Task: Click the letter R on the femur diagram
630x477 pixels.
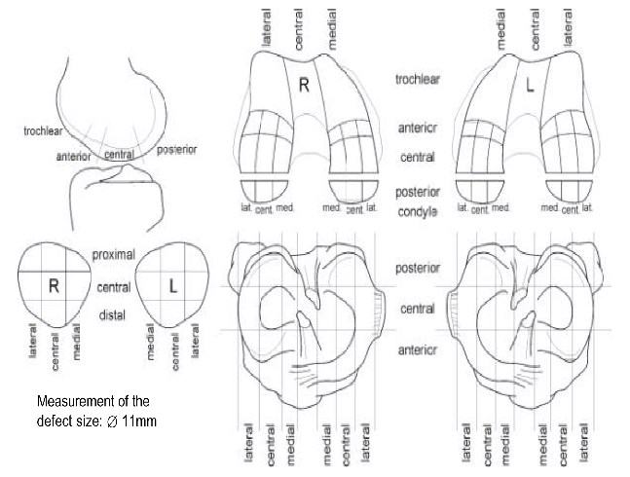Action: click(x=304, y=86)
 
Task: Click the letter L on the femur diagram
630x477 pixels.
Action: click(x=530, y=86)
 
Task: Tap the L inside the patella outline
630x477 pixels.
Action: click(x=172, y=286)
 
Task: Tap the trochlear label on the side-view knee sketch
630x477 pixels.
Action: click(x=43, y=128)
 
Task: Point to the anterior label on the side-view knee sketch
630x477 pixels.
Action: click(x=73, y=156)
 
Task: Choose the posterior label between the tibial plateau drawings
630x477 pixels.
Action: click(x=419, y=267)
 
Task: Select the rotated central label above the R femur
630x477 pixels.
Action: click(x=297, y=26)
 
